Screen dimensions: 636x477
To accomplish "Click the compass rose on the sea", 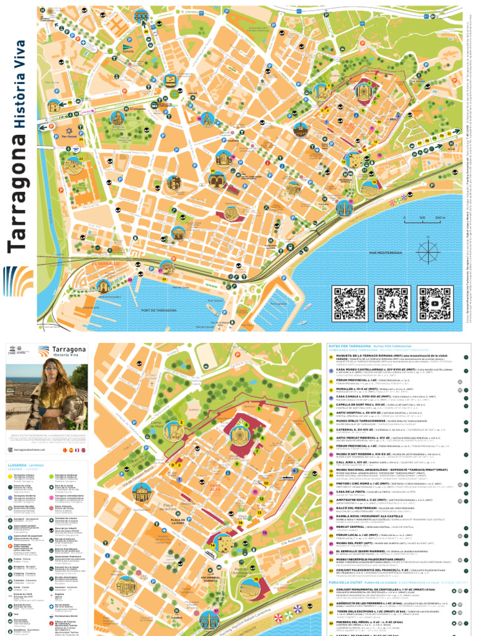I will pyautogui.click(x=427, y=252).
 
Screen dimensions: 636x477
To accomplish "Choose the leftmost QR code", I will pyautogui.click(x=350, y=302).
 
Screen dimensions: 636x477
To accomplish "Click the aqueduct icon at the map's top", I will pyautogui.click(x=142, y=15).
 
